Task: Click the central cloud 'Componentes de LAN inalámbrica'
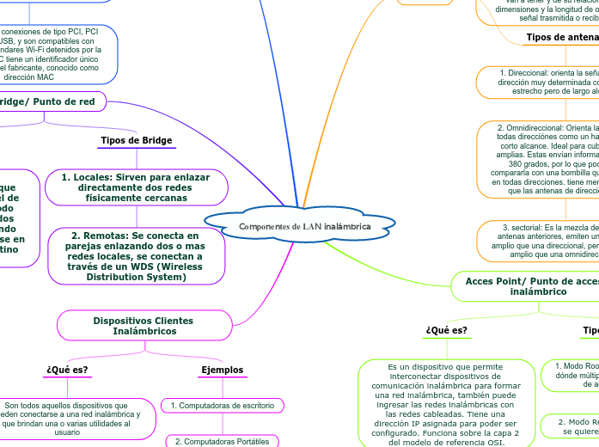305,226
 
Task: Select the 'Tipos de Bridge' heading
137,140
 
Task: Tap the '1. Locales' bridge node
137,187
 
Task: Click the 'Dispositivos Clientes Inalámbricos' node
143,326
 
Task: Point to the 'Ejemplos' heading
223,370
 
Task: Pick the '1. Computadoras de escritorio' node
223,405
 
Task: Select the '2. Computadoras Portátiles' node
223,441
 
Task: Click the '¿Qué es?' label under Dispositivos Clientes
66,370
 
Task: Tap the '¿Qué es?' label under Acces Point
446,330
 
